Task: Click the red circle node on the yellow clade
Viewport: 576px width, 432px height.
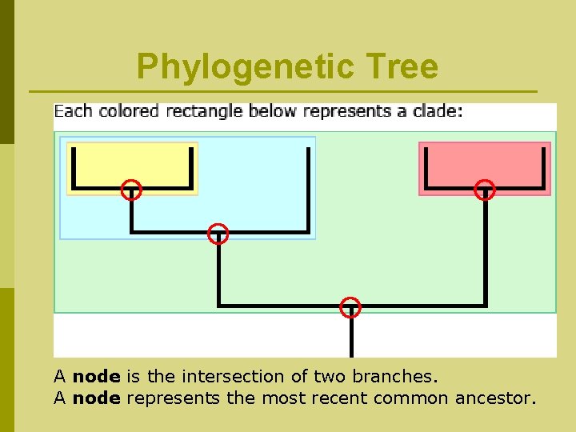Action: pyautogui.click(x=131, y=190)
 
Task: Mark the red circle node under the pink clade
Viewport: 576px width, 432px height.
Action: pyautogui.click(x=485, y=190)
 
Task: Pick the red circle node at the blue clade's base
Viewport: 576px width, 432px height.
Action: pyautogui.click(x=218, y=234)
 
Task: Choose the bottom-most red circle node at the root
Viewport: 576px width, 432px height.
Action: pyautogui.click(x=350, y=307)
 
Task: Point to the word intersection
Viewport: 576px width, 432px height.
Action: pyautogui.click(x=233, y=376)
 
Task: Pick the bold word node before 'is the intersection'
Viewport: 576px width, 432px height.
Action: pyautogui.click(x=96, y=376)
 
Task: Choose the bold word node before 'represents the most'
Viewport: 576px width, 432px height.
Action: pyautogui.click(x=96, y=398)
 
